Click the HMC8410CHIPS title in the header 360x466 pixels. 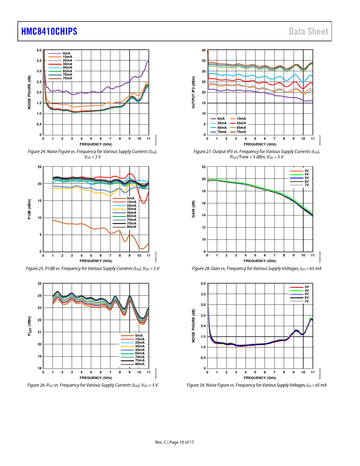pyautogui.click(x=49, y=31)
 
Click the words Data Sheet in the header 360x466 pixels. pyautogui.click(x=308, y=31)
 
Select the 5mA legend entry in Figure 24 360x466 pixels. pyautogui.click(x=67, y=53)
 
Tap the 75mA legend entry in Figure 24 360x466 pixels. pyautogui.click(x=67, y=78)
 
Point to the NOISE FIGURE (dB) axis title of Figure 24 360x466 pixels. pyautogui.click(x=29, y=92)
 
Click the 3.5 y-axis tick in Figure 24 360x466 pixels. pyautogui.click(x=39, y=61)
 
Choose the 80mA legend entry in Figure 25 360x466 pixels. pyautogui.click(x=131, y=227)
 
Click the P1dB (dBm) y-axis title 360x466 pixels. pyautogui.click(x=29, y=209)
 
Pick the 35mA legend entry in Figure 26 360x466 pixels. pyautogui.click(x=139, y=346)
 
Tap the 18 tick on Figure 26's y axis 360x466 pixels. pyautogui.click(x=40, y=368)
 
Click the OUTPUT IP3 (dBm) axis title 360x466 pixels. pyautogui.click(x=193, y=92)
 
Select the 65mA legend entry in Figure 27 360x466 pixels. pyautogui.click(x=241, y=128)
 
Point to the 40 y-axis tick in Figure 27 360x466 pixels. pyautogui.click(x=204, y=50)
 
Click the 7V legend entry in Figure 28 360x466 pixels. pyautogui.click(x=306, y=185)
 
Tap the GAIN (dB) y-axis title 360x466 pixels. pyautogui.click(x=193, y=209)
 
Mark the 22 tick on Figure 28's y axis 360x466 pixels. pyautogui.click(x=204, y=167)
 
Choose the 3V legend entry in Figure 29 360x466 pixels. pyautogui.click(x=306, y=287)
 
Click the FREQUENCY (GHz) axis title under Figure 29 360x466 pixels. pyautogui.click(x=260, y=378)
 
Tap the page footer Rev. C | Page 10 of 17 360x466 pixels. pyautogui.click(x=174, y=442)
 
